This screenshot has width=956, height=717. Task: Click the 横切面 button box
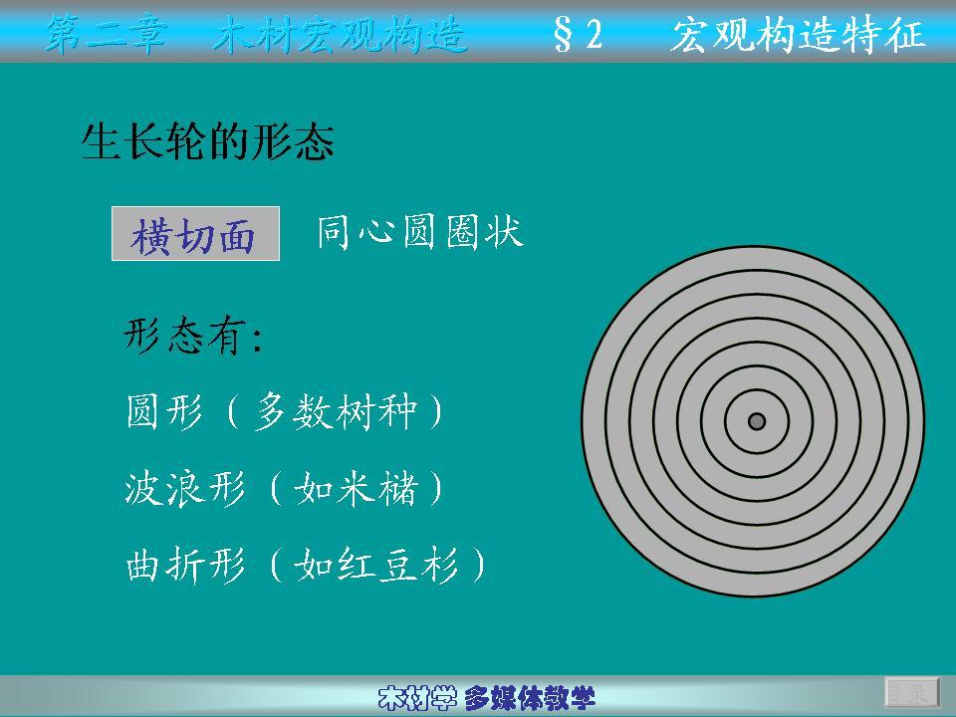(195, 233)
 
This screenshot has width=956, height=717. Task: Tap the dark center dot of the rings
(757, 421)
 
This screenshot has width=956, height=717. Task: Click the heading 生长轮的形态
(208, 142)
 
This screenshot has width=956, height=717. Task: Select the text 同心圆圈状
(420, 232)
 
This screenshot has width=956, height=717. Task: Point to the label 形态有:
(193, 336)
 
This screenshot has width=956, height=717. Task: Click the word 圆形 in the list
(164, 411)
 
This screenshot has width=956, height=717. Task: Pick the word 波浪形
(185, 488)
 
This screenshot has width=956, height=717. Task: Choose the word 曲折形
(185, 566)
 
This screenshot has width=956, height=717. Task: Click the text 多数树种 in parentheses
(336, 411)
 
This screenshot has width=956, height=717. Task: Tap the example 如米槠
(356, 488)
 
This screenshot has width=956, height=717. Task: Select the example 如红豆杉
(376, 566)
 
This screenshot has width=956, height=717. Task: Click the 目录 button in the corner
(911, 692)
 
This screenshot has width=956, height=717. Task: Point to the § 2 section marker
(578, 34)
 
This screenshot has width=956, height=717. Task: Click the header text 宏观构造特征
(798, 34)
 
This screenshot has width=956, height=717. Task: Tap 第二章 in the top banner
(106, 34)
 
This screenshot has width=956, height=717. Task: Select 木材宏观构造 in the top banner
(341, 34)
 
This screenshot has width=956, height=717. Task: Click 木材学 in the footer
(417, 698)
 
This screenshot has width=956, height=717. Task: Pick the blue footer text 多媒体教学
(529, 698)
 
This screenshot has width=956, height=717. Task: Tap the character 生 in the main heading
(102, 142)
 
